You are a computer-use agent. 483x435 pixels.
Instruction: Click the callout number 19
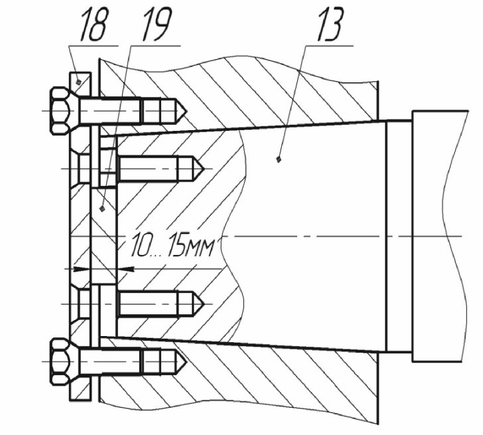(156, 25)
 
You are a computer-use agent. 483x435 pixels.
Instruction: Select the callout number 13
(330, 25)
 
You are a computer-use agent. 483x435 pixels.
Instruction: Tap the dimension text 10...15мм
(172, 246)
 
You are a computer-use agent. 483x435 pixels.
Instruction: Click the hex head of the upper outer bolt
(60, 111)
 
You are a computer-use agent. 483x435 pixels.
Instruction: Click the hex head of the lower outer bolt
(60, 361)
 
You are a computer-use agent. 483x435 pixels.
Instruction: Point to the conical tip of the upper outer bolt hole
(186, 111)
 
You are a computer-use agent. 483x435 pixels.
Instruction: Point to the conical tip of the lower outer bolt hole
(186, 361)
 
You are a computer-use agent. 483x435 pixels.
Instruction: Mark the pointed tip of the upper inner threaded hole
(204, 168)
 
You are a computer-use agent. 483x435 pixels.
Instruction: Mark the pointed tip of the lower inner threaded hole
(204, 304)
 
